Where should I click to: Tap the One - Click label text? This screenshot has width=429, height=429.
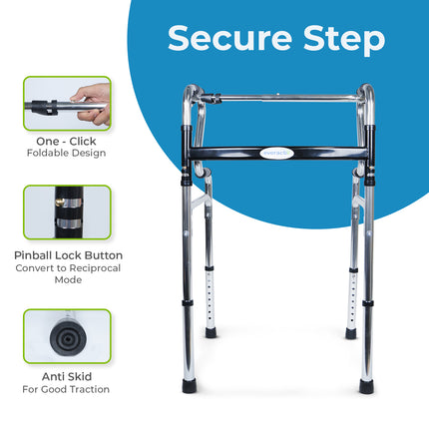[x=67, y=141]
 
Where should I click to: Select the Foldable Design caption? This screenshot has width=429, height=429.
[x=67, y=154]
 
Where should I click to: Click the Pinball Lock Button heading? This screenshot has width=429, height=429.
[x=67, y=255]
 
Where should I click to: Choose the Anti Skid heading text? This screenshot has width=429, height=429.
[x=67, y=376]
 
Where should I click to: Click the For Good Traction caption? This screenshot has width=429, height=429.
[x=67, y=389]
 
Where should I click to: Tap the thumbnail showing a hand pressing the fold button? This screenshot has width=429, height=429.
[x=67, y=103]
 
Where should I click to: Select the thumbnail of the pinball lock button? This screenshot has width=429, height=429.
[x=67, y=212]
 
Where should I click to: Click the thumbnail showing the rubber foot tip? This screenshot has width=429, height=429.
[x=67, y=335]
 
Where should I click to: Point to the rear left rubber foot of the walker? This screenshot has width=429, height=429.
[x=212, y=332]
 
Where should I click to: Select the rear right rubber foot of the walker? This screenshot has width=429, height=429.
[x=351, y=333]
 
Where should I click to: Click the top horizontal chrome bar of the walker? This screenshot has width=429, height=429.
[x=279, y=98]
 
